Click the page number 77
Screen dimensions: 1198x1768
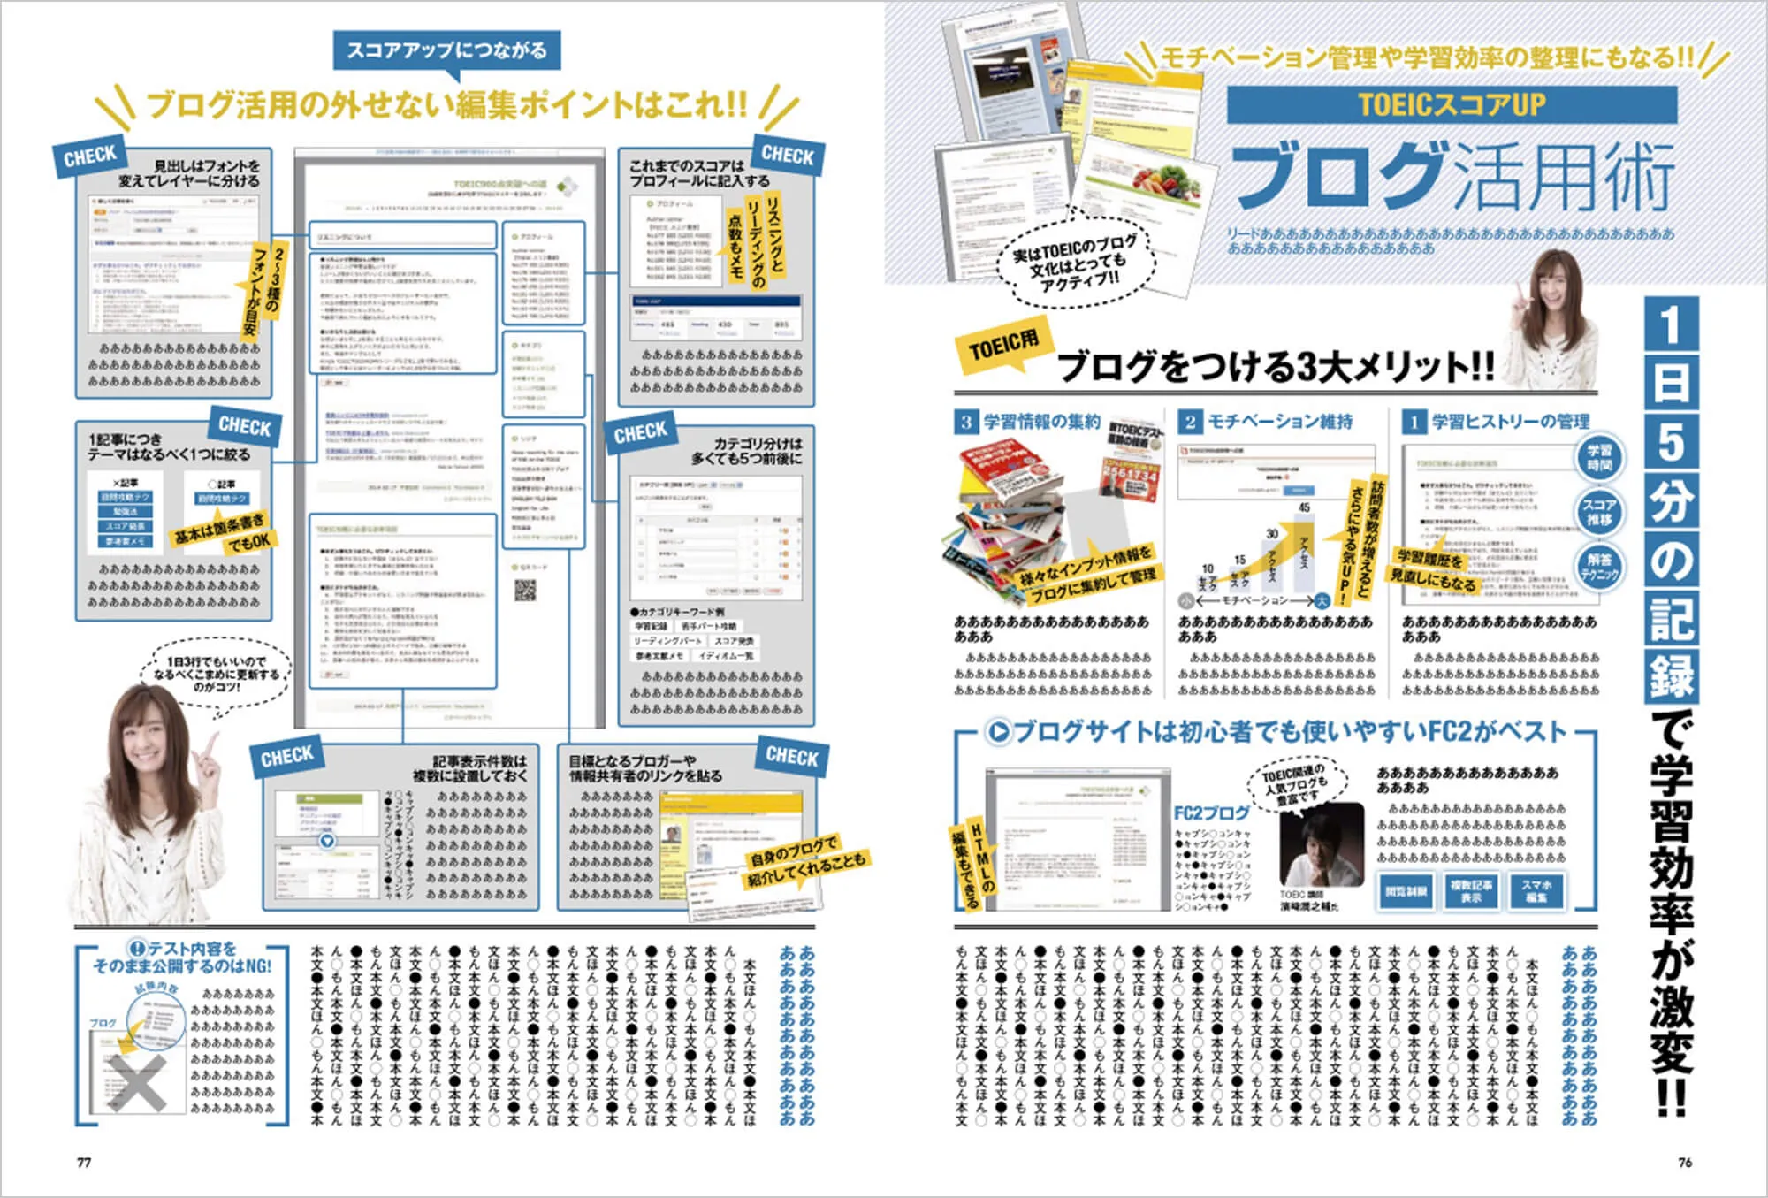pos(84,1162)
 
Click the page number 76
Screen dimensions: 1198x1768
pos(1685,1162)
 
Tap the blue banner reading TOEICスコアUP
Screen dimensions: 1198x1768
pos(1452,105)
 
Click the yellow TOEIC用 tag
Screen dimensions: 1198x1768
pos(1002,347)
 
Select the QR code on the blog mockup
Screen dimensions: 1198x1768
pos(525,591)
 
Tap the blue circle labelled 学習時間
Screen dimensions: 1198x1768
pos(1598,457)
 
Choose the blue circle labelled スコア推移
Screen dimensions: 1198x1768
pos(1598,512)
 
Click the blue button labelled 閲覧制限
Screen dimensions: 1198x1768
pos(1406,891)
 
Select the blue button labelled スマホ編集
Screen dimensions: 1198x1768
pos(1536,891)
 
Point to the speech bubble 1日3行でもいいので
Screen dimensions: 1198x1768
pos(216,675)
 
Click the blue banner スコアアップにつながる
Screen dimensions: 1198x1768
pos(446,50)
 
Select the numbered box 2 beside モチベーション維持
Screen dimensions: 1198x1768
pos(1190,422)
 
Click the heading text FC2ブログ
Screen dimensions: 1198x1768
pos(1211,813)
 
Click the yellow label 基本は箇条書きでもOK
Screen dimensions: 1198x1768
pos(221,531)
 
